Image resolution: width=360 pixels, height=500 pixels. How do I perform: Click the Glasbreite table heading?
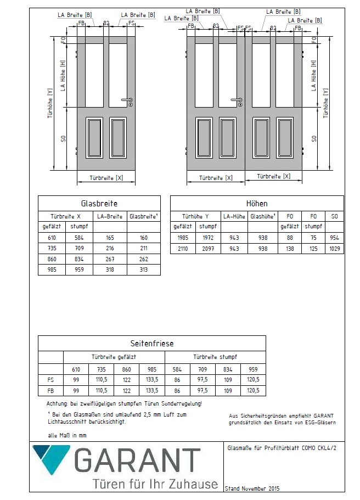(x=99, y=203)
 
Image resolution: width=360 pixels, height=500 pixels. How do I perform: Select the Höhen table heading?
(x=257, y=203)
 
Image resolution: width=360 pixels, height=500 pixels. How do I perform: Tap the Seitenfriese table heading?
(x=151, y=344)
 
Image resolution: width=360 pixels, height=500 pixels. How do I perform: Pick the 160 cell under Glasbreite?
(x=143, y=238)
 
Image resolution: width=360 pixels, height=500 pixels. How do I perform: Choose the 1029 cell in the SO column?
(x=334, y=249)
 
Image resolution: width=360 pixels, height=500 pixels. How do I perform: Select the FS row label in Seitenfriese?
(x=50, y=379)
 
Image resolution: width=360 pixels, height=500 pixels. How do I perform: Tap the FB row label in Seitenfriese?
(x=50, y=390)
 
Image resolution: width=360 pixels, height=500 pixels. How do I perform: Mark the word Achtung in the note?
(x=57, y=404)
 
